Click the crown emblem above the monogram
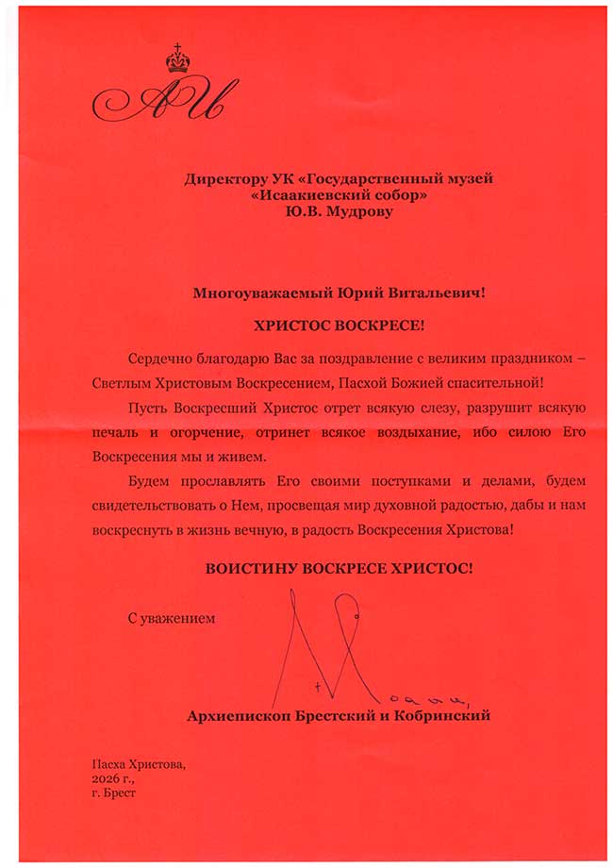175,61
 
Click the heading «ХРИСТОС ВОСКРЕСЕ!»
339,325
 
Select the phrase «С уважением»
171,619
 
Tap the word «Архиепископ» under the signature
233,717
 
